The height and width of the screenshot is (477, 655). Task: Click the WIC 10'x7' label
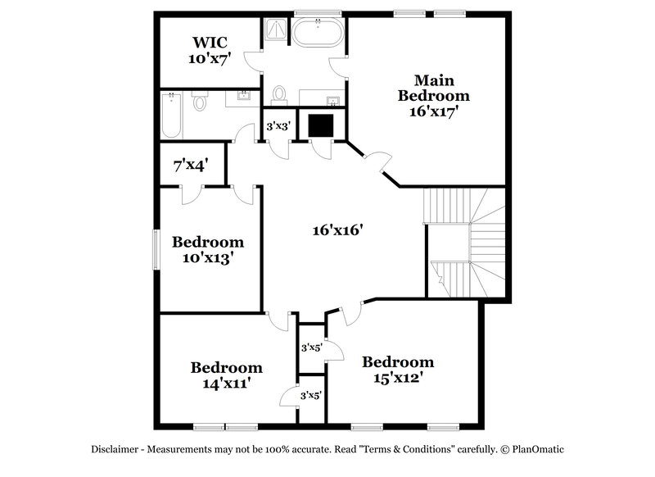pos(210,50)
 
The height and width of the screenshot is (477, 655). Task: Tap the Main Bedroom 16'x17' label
pos(434,96)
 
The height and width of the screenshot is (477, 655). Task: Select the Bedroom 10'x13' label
pos(207,249)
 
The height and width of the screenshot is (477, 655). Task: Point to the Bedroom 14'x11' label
pos(226,375)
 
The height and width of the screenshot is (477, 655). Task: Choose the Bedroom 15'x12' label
pos(398,370)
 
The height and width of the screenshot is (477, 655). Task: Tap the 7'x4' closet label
pos(190,166)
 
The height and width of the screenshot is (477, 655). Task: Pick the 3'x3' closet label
pos(279,126)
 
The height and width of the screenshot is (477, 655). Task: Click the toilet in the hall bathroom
pos(199,101)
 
